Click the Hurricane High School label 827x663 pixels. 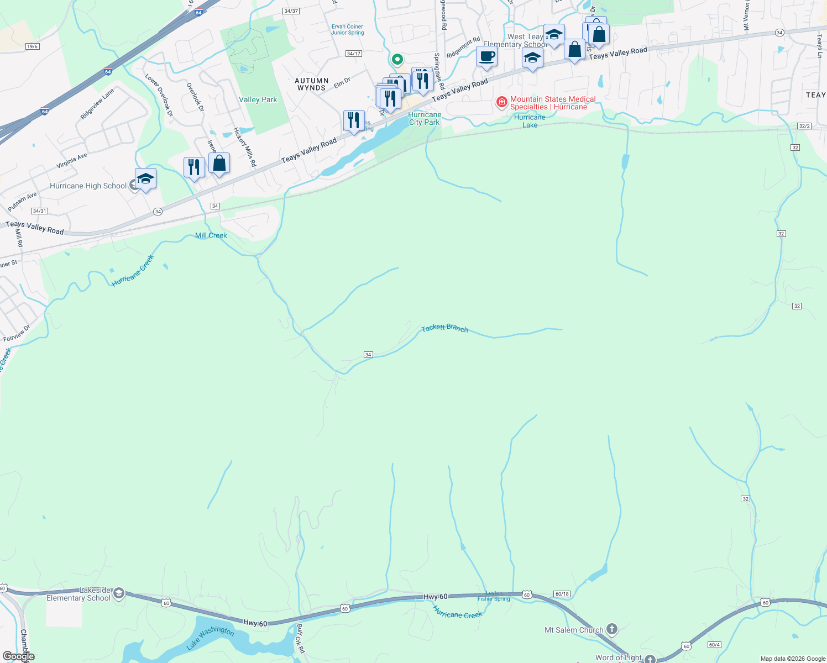tap(88, 186)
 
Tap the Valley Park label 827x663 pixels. tap(258, 100)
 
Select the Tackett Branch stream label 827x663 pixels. tap(444, 328)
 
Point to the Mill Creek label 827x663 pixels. tap(211, 235)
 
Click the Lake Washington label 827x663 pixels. tap(210, 637)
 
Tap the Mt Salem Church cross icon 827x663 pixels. tap(611, 629)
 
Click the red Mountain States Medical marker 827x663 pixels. tap(501, 102)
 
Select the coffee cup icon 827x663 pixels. tap(486, 56)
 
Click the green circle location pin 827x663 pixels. tap(397, 59)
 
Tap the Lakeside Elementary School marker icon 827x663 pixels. tap(118, 594)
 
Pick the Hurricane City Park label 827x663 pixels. tap(425, 119)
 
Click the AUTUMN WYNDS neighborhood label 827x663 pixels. tap(311, 84)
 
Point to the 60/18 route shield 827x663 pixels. tap(562, 594)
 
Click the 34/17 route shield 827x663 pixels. tap(353, 54)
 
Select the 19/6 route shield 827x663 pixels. tap(32, 46)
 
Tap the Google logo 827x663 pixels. tap(18, 656)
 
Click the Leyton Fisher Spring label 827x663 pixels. tap(494, 596)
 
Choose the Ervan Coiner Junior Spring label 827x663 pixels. tap(347, 30)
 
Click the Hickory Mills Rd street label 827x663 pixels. tap(244, 147)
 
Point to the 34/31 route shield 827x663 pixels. tap(39, 211)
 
